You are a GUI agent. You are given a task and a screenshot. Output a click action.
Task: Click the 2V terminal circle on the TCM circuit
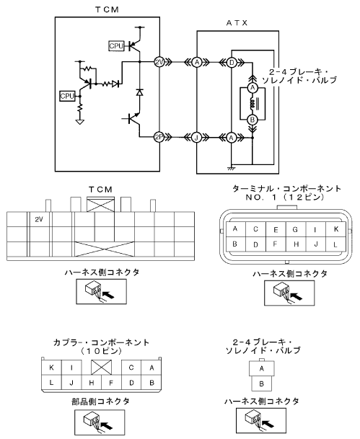point(159,62)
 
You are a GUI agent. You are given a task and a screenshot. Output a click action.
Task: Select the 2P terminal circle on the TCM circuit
point(159,137)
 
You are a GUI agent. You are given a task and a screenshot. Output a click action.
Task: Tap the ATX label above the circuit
point(237,22)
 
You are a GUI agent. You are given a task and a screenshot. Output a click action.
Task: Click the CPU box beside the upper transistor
point(116,46)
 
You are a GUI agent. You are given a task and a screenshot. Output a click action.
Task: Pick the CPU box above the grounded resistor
point(67,96)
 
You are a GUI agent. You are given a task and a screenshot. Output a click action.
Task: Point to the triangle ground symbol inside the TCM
point(80,122)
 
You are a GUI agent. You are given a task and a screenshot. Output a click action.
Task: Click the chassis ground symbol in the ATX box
point(232,168)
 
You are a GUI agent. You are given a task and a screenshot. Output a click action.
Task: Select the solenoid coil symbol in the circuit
point(252,104)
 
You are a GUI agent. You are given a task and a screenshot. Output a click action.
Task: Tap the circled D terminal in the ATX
point(232,63)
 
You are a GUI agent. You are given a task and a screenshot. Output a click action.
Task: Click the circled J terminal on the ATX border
point(196,138)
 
